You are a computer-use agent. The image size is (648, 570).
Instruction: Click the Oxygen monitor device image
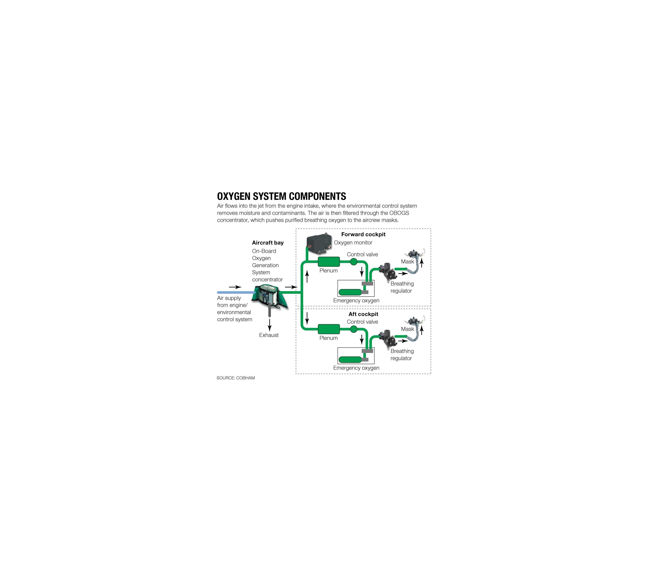tap(319, 244)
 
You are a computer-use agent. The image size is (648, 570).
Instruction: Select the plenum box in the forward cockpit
tap(329, 262)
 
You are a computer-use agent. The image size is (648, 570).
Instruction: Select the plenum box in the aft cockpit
tap(329, 329)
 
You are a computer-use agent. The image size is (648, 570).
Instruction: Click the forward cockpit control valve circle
tap(353, 262)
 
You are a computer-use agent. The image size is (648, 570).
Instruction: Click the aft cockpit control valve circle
tap(353, 329)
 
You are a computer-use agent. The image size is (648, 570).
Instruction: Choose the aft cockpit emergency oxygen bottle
tap(350, 360)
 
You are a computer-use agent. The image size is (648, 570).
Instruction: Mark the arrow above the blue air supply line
tap(235, 287)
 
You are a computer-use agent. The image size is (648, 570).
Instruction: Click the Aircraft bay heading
tap(268, 243)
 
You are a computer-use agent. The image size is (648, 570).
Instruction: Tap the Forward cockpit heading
tap(363, 234)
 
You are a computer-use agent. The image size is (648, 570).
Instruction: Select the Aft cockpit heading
tap(363, 314)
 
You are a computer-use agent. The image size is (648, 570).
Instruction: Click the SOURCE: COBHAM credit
tap(236, 378)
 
